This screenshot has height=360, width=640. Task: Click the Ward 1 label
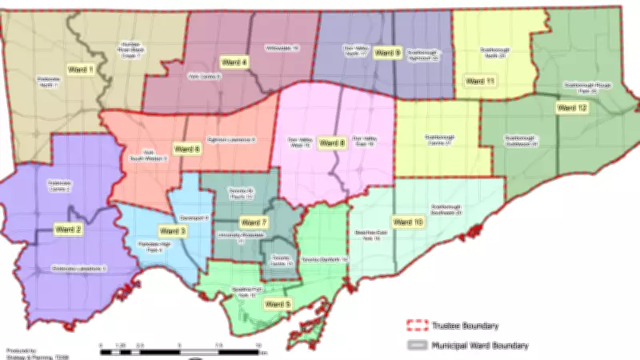[x=80, y=70]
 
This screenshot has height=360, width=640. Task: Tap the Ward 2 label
[x=68, y=230]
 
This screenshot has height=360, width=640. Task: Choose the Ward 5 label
[x=278, y=304]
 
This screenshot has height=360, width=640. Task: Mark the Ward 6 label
[x=186, y=149]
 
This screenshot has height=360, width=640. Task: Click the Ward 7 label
[x=254, y=222]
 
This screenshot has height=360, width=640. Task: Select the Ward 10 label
[x=407, y=222]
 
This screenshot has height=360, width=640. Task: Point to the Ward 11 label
[x=480, y=82]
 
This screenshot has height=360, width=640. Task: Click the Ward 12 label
[x=572, y=107]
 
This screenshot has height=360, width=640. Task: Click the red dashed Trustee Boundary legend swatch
[x=418, y=326]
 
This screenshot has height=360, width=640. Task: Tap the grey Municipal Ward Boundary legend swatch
[x=418, y=346]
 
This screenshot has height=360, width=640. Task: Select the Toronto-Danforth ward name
[x=325, y=260]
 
